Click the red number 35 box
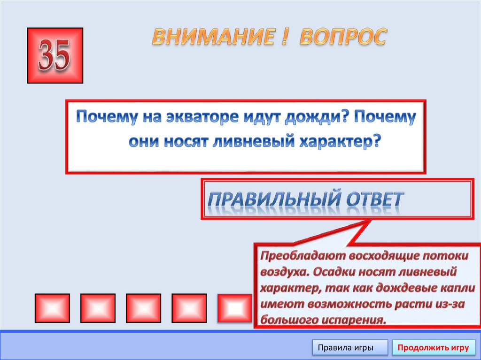55,55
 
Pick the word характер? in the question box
338,142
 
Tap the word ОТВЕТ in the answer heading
374,199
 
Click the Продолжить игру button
433,348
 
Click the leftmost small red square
52,308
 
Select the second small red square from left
98,308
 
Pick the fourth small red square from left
189,308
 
